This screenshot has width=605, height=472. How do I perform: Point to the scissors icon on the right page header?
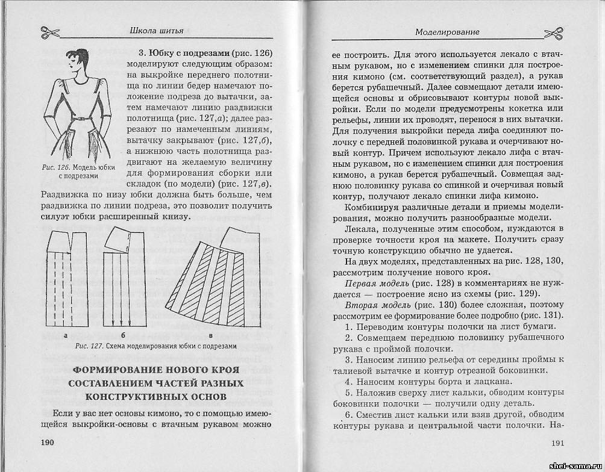pos(553,31)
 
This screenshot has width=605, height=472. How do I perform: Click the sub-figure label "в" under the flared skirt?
pos(211,335)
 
